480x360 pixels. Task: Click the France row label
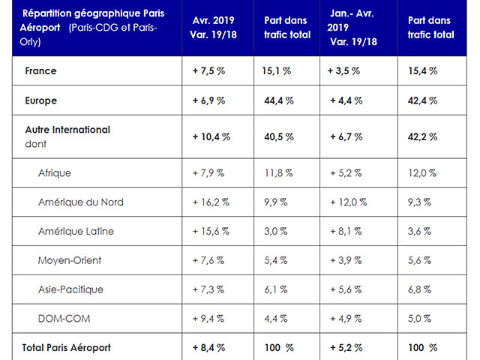click(x=40, y=71)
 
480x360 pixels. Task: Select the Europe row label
click(x=41, y=100)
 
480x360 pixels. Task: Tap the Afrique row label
click(x=55, y=173)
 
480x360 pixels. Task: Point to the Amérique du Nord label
click(x=81, y=202)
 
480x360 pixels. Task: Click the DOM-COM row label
click(x=64, y=318)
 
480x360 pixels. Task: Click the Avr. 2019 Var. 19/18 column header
click(x=217, y=26)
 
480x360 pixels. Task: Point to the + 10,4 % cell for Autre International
click(x=211, y=137)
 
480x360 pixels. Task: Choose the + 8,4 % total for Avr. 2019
click(x=208, y=347)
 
